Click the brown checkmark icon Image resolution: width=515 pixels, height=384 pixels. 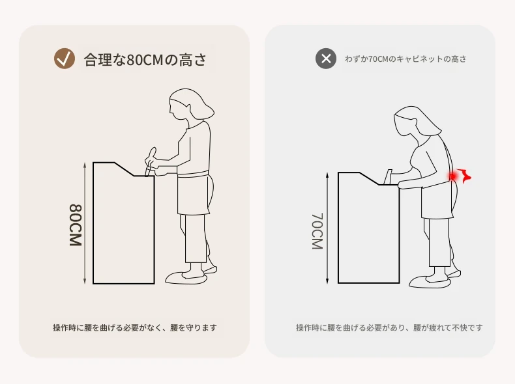(x=65, y=59)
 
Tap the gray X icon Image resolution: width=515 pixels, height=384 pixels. (x=326, y=59)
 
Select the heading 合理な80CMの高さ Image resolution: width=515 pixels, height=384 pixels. (x=145, y=60)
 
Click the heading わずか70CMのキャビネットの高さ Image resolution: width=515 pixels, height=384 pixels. (x=405, y=59)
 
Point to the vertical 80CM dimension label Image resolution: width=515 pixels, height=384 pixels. (x=76, y=225)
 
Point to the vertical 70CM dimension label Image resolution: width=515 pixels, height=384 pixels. (x=317, y=231)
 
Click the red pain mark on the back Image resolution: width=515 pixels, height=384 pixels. (x=460, y=176)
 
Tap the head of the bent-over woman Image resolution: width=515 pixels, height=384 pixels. (x=415, y=121)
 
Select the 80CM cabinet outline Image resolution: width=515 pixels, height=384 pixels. (x=93, y=223)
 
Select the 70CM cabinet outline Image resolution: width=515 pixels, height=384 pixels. (x=338, y=228)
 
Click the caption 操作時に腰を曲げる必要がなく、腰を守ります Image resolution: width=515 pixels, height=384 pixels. (x=135, y=327)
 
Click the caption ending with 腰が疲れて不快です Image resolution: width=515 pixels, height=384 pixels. (x=389, y=327)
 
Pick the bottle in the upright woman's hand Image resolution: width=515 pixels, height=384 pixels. (x=151, y=161)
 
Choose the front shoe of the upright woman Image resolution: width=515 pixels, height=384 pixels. (x=186, y=278)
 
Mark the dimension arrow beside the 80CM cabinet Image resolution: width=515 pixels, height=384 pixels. (x=85, y=223)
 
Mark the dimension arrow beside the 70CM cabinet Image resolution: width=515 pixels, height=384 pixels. (x=327, y=228)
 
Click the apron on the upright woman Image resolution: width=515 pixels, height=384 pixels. (x=194, y=193)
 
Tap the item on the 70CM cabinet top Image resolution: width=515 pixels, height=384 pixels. (x=389, y=177)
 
